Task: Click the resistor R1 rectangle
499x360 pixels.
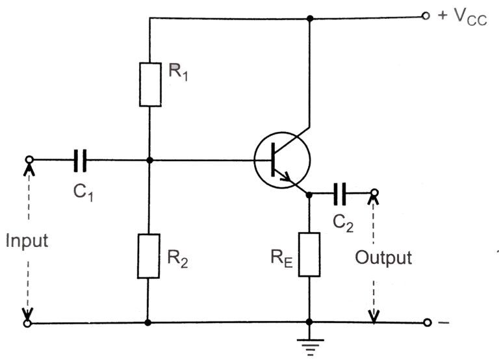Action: (x=149, y=84)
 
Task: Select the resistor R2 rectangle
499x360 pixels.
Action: (x=149, y=256)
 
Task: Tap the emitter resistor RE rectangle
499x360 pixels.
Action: (x=309, y=254)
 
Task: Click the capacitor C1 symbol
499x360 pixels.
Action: (x=81, y=160)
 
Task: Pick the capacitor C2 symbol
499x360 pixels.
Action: (x=340, y=192)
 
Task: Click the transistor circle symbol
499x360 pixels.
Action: (x=282, y=160)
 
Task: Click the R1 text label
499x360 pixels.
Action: (x=179, y=72)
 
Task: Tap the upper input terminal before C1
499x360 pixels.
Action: (x=28, y=160)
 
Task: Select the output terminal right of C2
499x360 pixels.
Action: (x=374, y=192)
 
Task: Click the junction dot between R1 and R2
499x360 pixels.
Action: (x=149, y=160)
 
